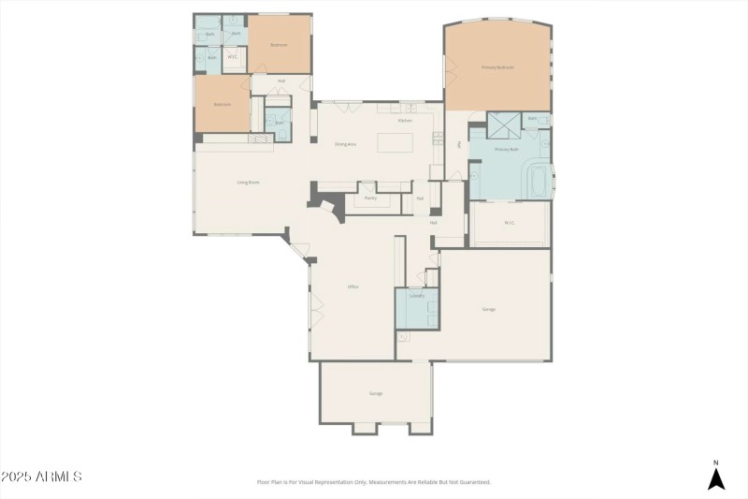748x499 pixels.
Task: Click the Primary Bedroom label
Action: click(497, 67)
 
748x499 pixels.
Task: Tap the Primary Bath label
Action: click(507, 150)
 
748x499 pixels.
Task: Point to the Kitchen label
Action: click(405, 121)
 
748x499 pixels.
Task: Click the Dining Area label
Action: click(346, 144)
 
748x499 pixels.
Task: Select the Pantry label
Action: click(370, 198)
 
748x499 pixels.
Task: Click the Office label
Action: click(353, 286)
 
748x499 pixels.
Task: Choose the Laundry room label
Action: click(417, 296)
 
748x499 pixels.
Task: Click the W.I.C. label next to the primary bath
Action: click(510, 223)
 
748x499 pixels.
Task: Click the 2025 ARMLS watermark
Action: click(41, 477)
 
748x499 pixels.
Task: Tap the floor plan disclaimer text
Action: click(373, 482)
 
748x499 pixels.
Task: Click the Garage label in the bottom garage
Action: click(376, 393)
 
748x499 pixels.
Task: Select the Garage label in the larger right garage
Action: click(488, 309)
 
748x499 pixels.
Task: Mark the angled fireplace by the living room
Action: click(324, 200)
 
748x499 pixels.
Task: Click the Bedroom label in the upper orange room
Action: click(279, 45)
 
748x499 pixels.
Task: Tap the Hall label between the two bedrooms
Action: click(281, 81)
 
